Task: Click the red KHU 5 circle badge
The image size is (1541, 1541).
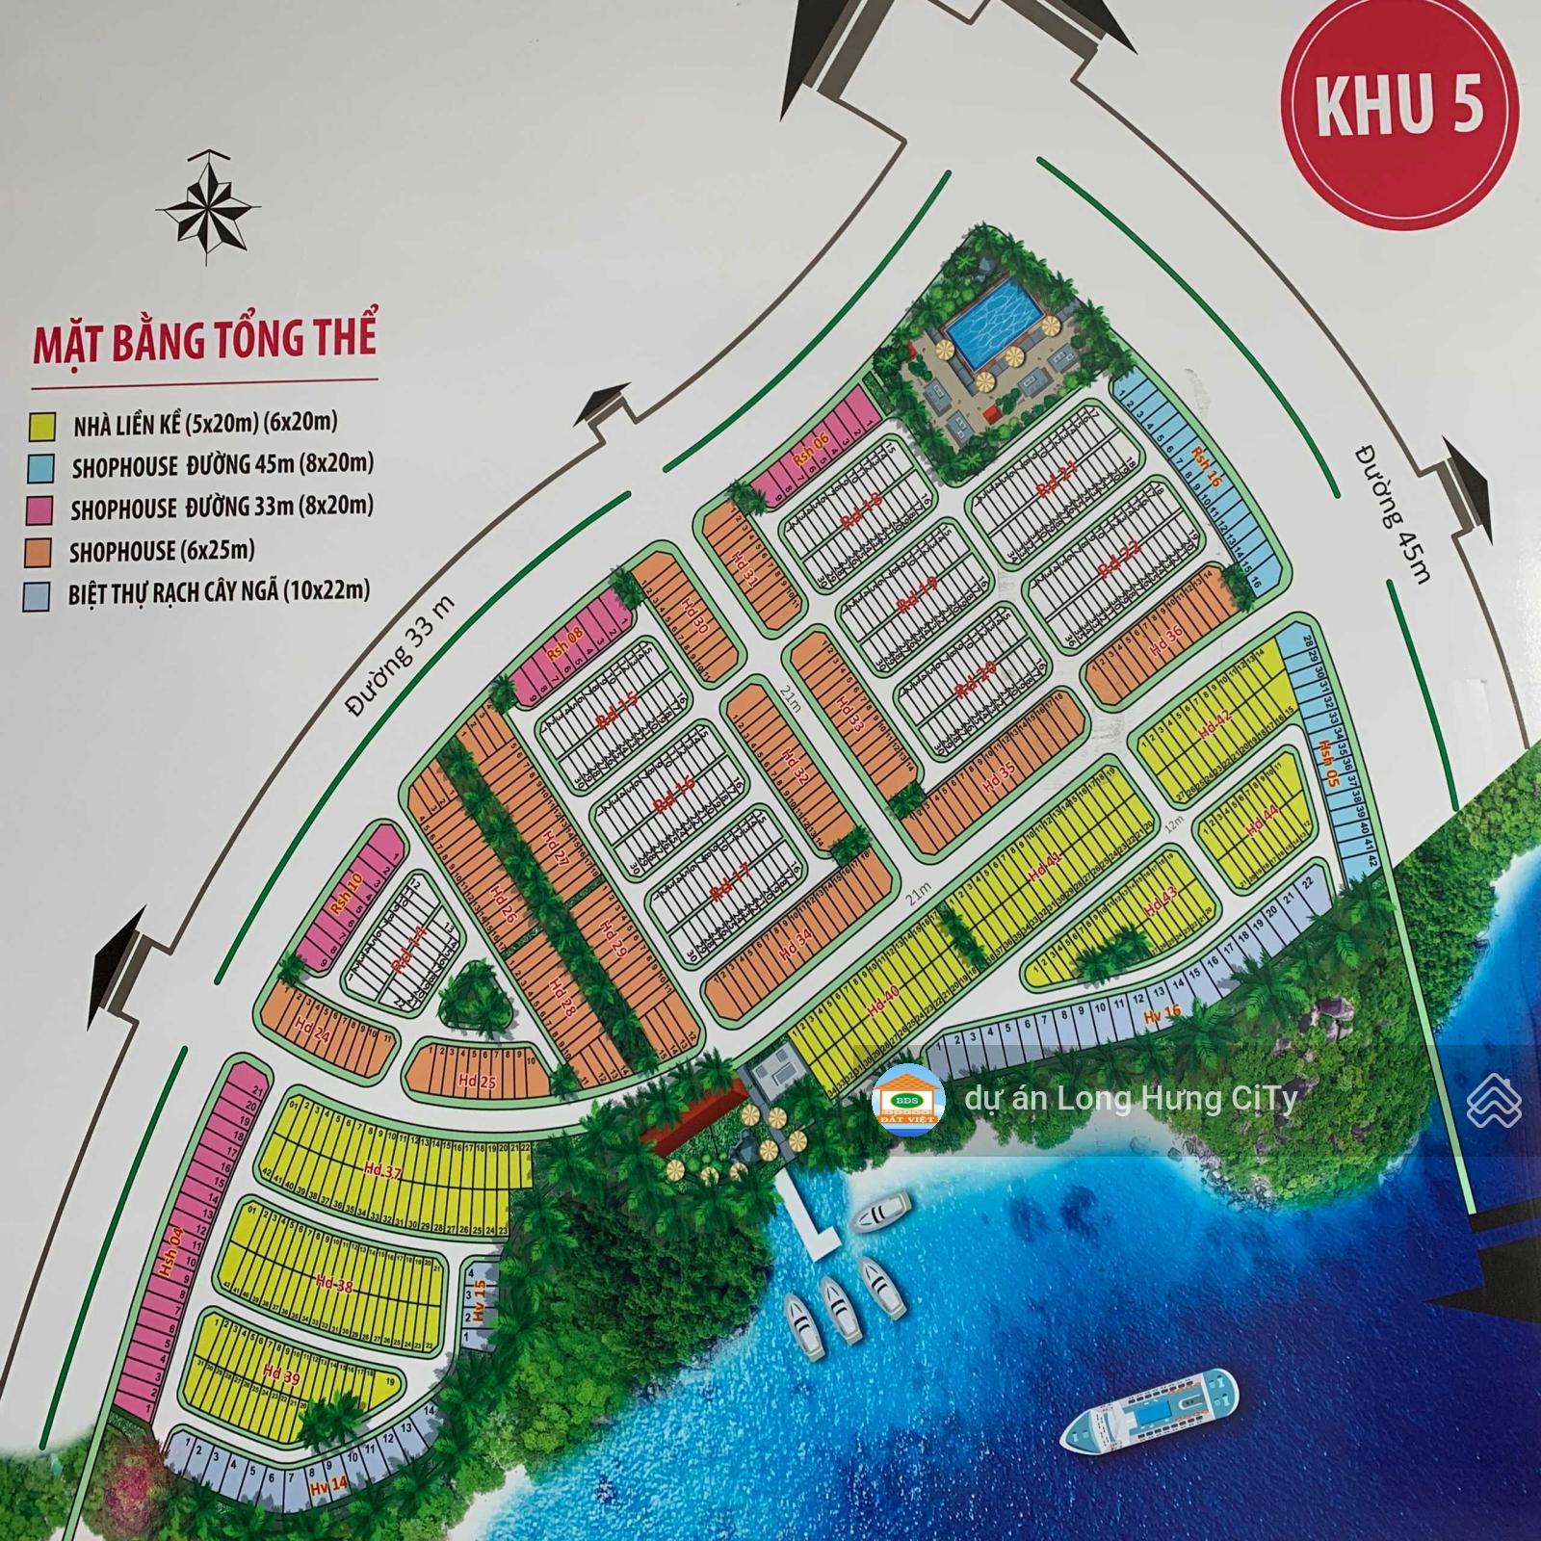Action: pyautogui.click(x=1398, y=107)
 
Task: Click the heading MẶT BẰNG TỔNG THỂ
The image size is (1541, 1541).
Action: pyautogui.click(x=204, y=339)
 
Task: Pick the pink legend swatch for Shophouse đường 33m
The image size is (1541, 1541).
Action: pyautogui.click(x=39, y=509)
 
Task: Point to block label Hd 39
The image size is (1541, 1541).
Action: pyautogui.click(x=280, y=1376)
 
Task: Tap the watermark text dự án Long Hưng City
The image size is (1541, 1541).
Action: pyautogui.click(x=1130, y=1099)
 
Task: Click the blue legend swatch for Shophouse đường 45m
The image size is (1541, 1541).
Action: pyautogui.click(x=39, y=468)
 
